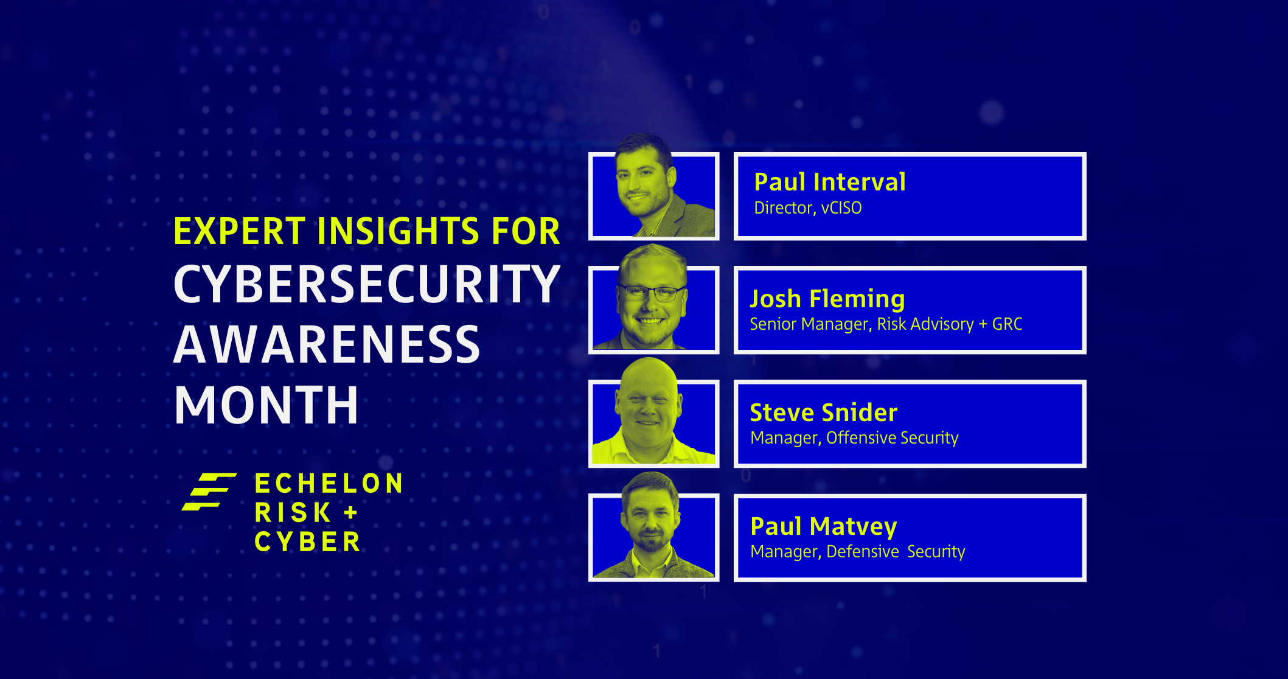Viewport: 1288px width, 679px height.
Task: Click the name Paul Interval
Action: (x=829, y=182)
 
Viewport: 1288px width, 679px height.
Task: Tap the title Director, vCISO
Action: (x=807, y=208)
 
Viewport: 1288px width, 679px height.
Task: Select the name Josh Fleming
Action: (x=827, y=299)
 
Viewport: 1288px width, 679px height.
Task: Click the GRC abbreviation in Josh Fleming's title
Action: (x=1007, y=324)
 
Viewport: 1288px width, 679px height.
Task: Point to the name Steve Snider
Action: (x=823, y=413)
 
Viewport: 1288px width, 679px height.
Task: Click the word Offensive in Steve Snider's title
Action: (x=860, y=438)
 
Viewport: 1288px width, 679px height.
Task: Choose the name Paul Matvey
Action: (x=823, y=526)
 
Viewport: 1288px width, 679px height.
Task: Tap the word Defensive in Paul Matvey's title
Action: (x=862, y=552)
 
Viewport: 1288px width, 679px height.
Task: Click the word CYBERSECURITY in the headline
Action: (x=367, y=284)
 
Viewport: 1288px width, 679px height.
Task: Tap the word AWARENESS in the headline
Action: (x=327, y=344)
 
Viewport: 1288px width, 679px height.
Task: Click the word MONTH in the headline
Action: (x=266, y=405)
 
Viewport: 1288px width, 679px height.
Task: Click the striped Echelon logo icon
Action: (x=209, y=492)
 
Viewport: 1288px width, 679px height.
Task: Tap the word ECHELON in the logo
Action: (x=329, y=484)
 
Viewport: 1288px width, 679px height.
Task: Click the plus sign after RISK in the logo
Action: (x=350, y=513)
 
